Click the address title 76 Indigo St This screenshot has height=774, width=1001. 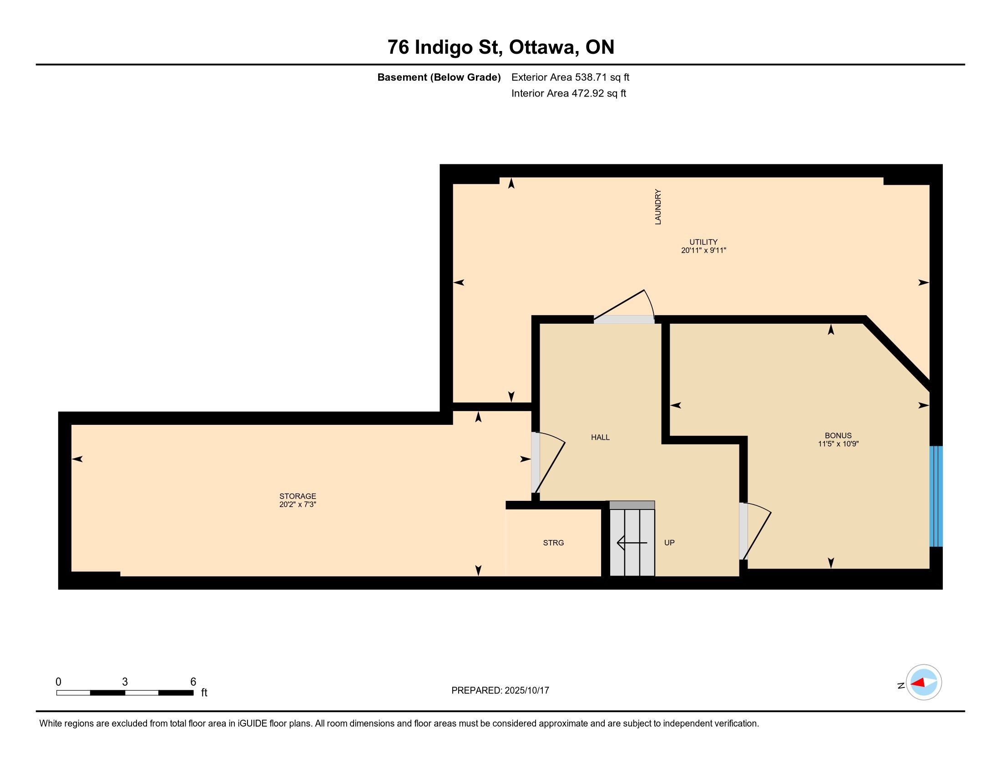443,47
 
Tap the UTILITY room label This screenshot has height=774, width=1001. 703,242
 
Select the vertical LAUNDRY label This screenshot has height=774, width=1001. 658,207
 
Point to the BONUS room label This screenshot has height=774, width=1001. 838,436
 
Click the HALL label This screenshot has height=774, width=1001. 601,438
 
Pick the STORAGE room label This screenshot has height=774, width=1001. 298,496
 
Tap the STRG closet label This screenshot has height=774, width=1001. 553,543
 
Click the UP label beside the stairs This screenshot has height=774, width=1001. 670,543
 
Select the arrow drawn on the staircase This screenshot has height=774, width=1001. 632,543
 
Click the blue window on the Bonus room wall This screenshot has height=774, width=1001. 936,496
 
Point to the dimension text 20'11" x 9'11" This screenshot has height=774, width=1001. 703,251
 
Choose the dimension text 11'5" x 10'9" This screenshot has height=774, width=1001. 838,444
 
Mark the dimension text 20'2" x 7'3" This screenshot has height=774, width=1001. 298,505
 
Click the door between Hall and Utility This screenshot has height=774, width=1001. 624,306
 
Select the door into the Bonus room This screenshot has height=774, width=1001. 755,531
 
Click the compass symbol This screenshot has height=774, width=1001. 924,682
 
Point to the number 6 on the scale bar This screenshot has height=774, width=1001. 193,682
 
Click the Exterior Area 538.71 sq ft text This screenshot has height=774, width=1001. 571,77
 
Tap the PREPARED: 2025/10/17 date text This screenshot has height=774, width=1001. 500,691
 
